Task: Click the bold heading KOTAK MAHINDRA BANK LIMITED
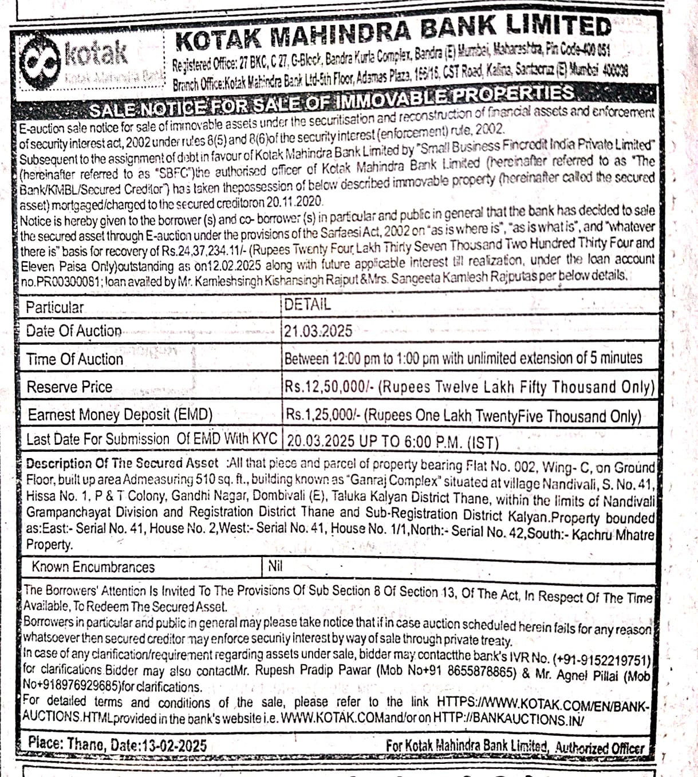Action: coord(393,32)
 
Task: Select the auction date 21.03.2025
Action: coord(318,331)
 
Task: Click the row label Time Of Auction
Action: coord(75,360)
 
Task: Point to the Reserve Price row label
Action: coord(69,387)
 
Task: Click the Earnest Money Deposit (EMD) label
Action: coord(120,415)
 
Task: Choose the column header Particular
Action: coord(55,307)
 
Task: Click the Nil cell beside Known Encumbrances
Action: coord(275,567)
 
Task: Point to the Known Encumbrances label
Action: coord(93,567)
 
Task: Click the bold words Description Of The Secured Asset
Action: coord(122,463)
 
